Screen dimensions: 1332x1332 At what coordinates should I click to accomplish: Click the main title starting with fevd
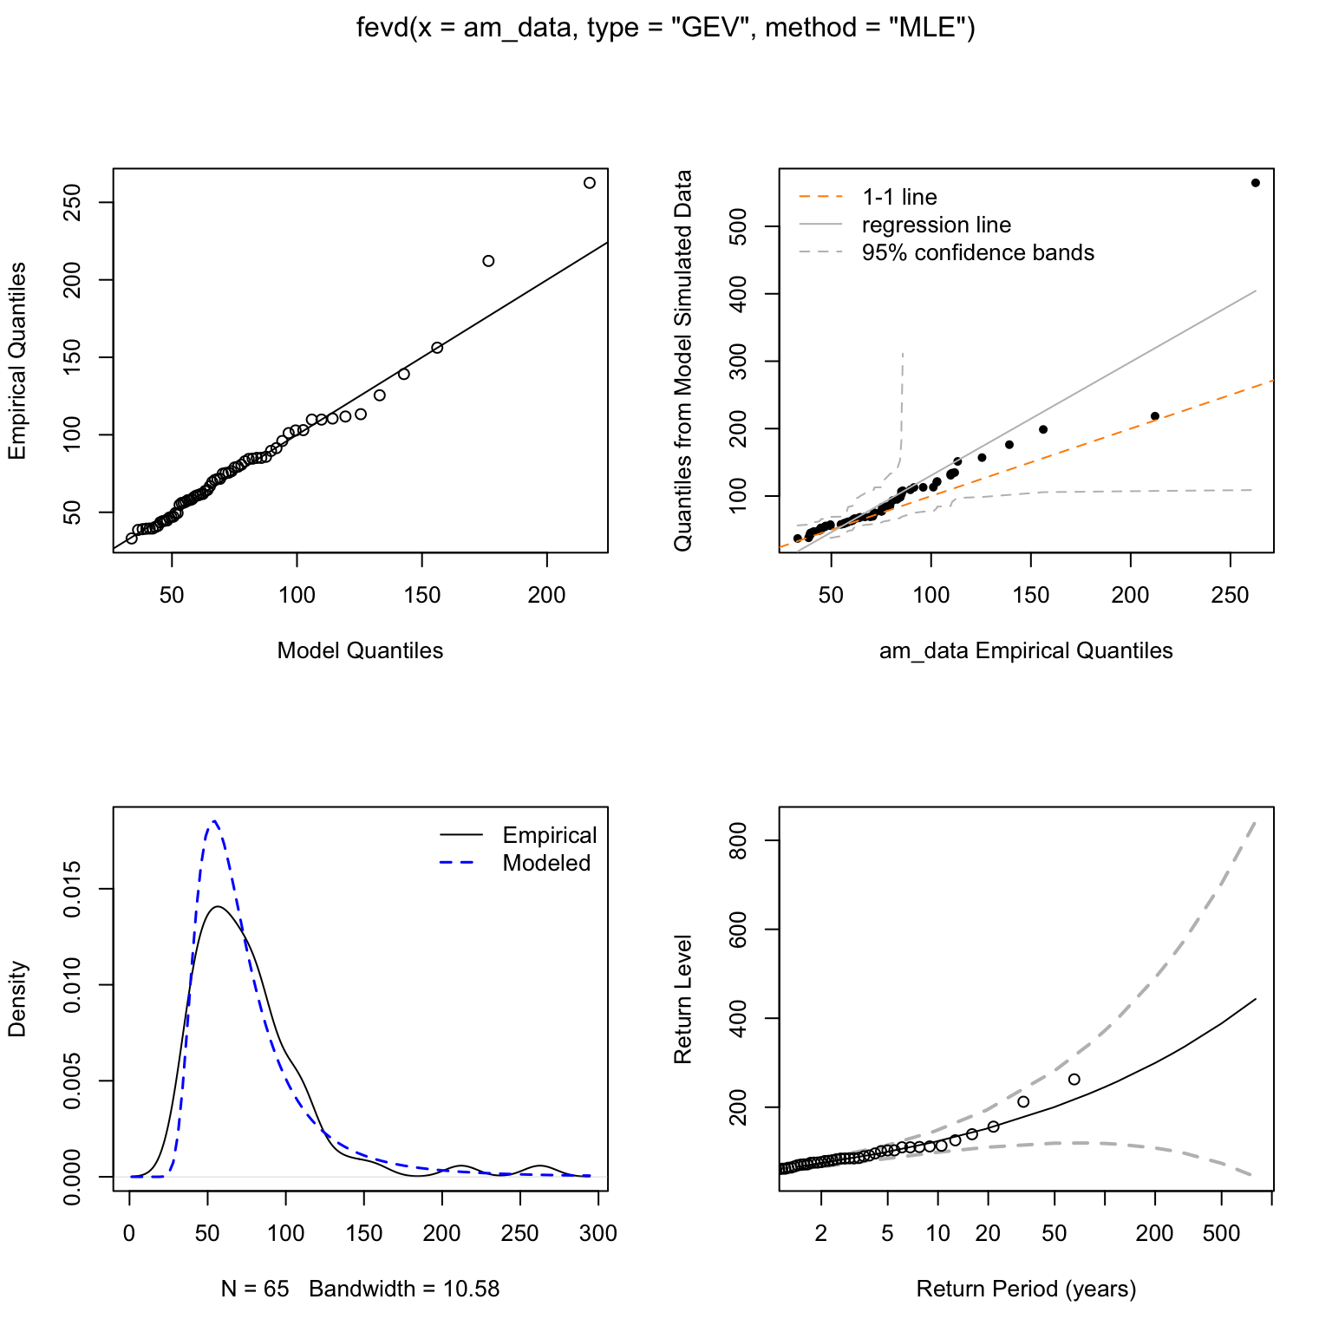(x=666, y=29)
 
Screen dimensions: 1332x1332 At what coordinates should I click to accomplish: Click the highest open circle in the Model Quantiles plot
(x=590, y=183)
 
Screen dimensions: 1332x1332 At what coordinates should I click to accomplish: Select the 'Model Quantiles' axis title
(x=360, y=650)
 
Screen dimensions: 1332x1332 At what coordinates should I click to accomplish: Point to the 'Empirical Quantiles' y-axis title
(x=17, y=361)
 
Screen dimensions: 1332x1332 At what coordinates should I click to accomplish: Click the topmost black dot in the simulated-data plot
(x=1255, y=183)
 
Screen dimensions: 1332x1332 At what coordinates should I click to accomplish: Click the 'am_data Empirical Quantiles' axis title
(x=1026, y=650)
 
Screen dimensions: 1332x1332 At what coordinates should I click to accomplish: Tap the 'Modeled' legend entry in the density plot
(x=546, y=863)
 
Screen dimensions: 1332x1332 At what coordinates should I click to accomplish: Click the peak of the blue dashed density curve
(x=213, y=820)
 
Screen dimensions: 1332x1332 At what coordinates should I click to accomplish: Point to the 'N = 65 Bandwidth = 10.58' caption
(x=360, y=1289)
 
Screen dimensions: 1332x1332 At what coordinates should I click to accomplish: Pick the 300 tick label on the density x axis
(x=598, y=1233)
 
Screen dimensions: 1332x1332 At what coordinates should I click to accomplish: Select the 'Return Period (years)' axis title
(x=1026, y=1289)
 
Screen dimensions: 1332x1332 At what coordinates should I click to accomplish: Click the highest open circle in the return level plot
(x=1074, y=1079)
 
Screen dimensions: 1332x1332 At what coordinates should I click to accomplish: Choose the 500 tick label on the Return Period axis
(x=1221, y=1233)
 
